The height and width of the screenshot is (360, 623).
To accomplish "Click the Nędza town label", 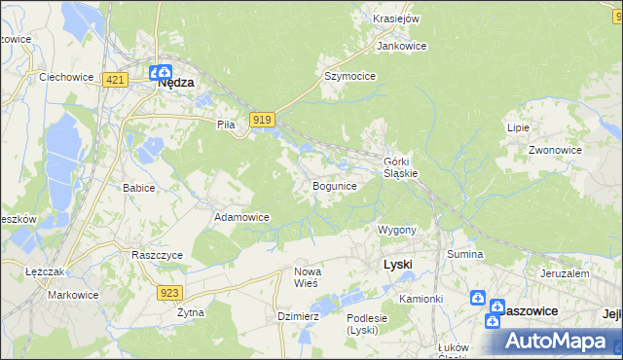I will [176, 84].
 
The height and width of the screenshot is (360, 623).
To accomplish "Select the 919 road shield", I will [260, 120].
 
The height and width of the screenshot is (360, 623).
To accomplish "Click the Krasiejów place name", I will [396, 18].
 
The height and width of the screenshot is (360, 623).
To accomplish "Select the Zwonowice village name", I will [555, 151].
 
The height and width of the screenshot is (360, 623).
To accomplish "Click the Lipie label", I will [517, 127].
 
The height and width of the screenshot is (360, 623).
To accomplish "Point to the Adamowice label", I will [241, 217].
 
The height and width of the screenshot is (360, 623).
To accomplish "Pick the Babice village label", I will [138, 188].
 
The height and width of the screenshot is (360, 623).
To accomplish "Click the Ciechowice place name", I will [65, 76].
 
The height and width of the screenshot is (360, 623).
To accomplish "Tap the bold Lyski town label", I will [398, 264].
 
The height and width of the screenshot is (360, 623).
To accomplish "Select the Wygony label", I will [397, 231].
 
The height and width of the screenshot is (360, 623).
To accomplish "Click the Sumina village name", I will [465, 254].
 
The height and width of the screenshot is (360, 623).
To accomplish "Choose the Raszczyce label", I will [157, 254].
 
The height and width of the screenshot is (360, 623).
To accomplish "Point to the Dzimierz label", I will [298, 316].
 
